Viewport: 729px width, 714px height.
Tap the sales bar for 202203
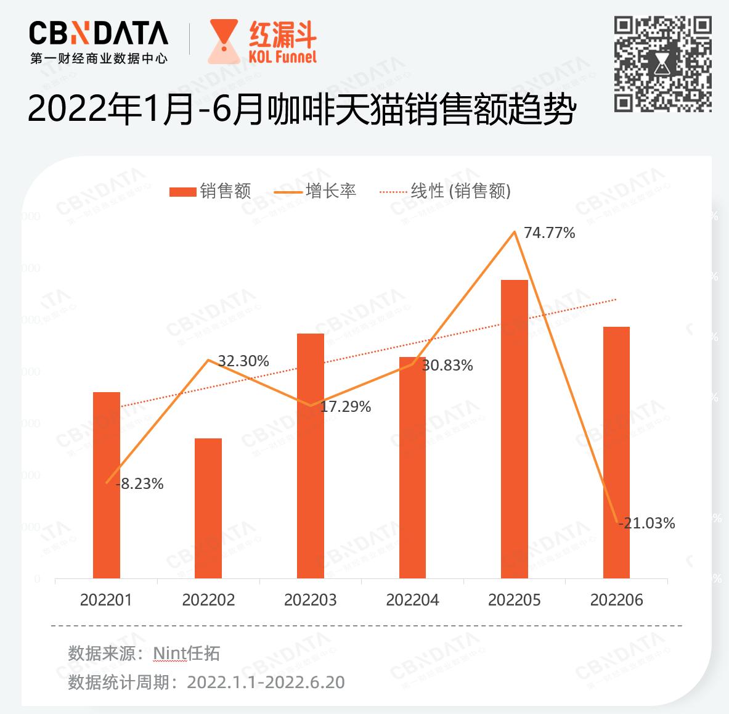(311, 456)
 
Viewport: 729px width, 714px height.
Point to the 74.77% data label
(549, 233)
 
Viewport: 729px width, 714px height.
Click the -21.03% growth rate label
(647, 523)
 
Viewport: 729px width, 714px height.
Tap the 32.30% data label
(243, 361)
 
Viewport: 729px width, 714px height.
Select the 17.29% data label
(345, 407)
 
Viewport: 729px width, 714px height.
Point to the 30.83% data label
(447, 366)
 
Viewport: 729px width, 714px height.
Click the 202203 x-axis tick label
(311, 600)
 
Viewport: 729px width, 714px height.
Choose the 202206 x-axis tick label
(616, 600)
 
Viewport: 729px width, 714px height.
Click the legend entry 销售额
(211, 191)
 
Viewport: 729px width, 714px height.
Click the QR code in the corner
(663, 64)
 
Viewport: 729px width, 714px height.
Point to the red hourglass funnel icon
(224, 41)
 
